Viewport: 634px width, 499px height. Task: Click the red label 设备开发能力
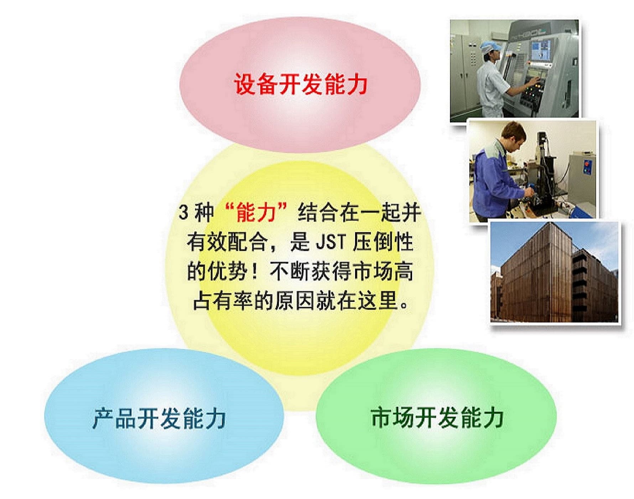(300, 84)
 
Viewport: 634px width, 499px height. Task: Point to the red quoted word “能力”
(256, 212)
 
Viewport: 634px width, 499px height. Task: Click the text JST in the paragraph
(331, 242)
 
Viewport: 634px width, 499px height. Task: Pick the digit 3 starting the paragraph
(183, 212)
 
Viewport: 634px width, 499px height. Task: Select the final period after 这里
(404, 305)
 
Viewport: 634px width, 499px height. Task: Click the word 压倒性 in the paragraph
(383, 242)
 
